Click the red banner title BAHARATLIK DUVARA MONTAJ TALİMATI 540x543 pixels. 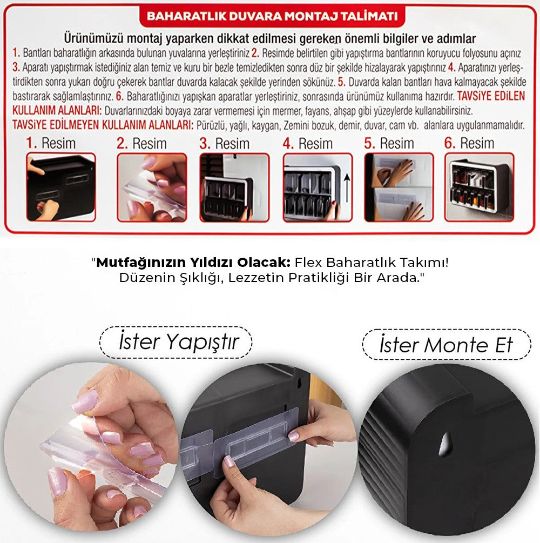(272, 16)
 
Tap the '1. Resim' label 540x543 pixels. (51, 144)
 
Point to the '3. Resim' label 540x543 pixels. (225, 144)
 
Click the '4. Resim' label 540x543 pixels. (308, 144)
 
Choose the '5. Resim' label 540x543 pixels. (389, 144)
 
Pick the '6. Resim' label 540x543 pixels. (469, 144)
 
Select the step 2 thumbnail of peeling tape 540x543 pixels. (152, 187)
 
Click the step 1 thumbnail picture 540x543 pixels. (61, 187)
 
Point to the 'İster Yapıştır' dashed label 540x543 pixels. (176, 342)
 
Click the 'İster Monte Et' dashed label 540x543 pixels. (446, 345)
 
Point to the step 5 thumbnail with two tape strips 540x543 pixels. (399, 187)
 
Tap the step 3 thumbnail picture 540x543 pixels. (234, 187)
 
